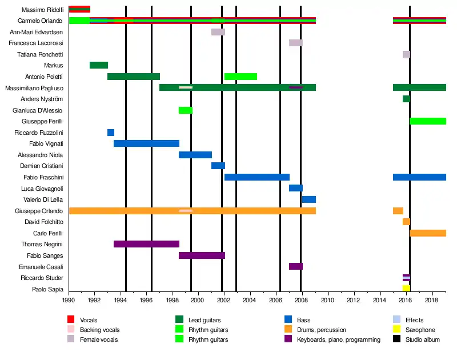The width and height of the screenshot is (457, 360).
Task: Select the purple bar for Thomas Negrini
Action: click(146, 244)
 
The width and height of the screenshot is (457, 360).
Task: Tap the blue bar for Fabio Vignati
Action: click(146, 143)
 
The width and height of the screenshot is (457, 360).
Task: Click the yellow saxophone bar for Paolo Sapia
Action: click(406, 289)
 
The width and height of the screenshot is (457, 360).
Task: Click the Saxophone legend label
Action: click(420, 330)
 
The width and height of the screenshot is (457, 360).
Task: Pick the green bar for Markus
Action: click(99, 65)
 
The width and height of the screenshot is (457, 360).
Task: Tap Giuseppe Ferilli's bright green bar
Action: click(428, 121)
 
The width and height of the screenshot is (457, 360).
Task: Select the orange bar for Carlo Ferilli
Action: click(428, 233)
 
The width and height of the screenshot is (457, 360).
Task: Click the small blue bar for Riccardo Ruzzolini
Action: click(111, 133)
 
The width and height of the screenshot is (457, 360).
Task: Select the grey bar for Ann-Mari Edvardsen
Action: click(218, 32)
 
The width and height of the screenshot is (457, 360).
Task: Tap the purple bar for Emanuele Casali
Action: click(296, 266)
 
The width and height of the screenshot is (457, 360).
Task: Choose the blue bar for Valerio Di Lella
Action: click(309, 199)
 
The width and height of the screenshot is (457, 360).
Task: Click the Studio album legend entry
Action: click(422, 339)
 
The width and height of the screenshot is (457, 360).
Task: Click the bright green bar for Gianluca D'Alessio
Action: click(186, 110)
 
